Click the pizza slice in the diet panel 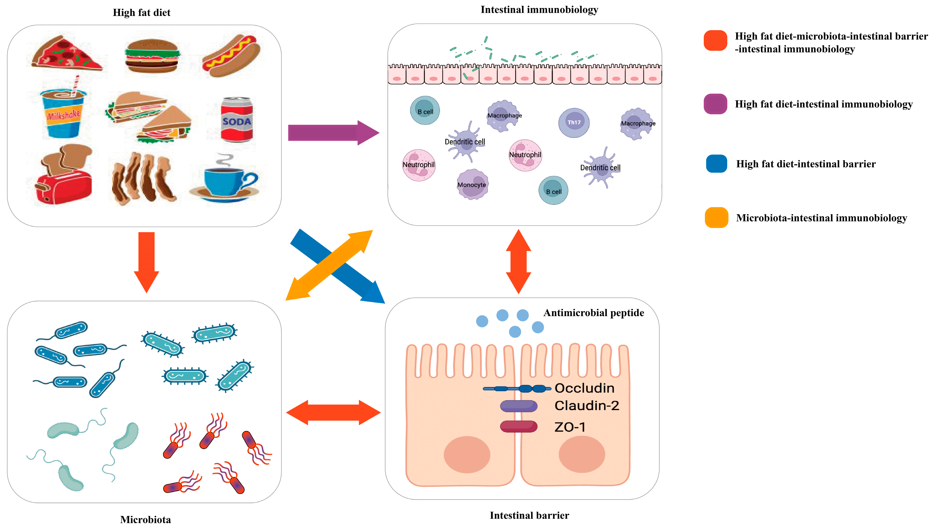click(x=65, y=54)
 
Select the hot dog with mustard click(x=231, y=56)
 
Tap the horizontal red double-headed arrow click(x=333, y=412)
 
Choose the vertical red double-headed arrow click(x=518, y=262)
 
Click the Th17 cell click(x=574, y=123)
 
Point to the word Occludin click(x=584, y=388)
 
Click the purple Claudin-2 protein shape click(x=518, y=406)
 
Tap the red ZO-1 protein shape click(x=518, y=426)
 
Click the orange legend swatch click(x=716, y=217)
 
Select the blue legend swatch click(x=716, y=164)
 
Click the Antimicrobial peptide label click(x=593, y=313)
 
